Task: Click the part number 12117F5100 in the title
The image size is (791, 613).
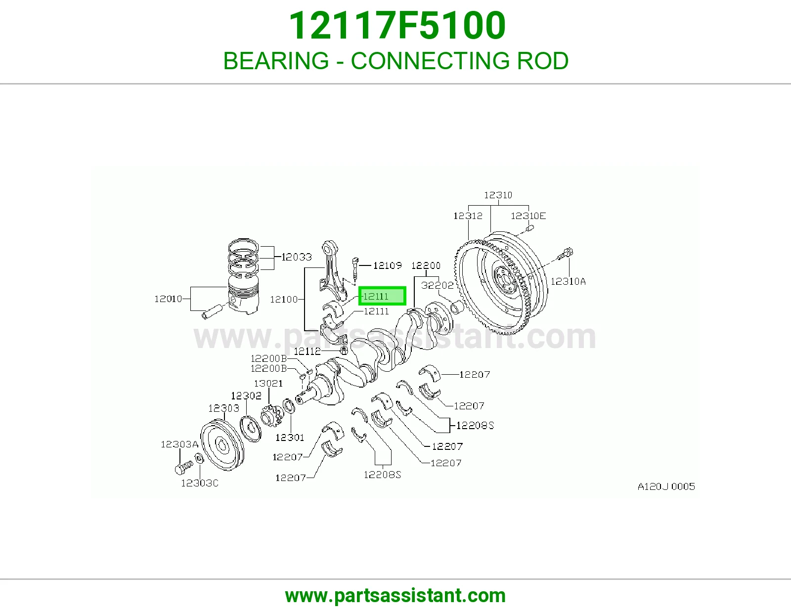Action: (397, 26)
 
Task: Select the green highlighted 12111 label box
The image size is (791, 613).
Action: (382, 296)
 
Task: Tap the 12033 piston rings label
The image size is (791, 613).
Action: (296, 257)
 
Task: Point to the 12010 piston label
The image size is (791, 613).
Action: (168, 299)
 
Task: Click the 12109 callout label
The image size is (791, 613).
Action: (387, 265)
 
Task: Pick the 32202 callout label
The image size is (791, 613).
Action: (437, 285)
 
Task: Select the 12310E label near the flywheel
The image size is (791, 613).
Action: (528, 216)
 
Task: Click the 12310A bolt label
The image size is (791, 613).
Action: (568, 281)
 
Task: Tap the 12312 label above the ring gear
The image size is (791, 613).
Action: (468, 216)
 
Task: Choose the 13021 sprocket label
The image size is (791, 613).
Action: (268, 383)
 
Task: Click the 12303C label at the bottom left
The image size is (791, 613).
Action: (199, 483)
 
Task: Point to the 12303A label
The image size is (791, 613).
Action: (179, 444)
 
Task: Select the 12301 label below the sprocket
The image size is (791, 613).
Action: (289, 437)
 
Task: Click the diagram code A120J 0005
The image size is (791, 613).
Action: (666, 486)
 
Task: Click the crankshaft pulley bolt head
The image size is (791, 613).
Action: (179, 470)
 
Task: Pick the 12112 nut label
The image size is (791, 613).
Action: (307, 351)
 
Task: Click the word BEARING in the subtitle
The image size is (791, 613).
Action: (276, 61)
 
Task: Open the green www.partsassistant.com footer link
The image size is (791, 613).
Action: (395, 596)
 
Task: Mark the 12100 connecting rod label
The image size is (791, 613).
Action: (284, 299)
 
